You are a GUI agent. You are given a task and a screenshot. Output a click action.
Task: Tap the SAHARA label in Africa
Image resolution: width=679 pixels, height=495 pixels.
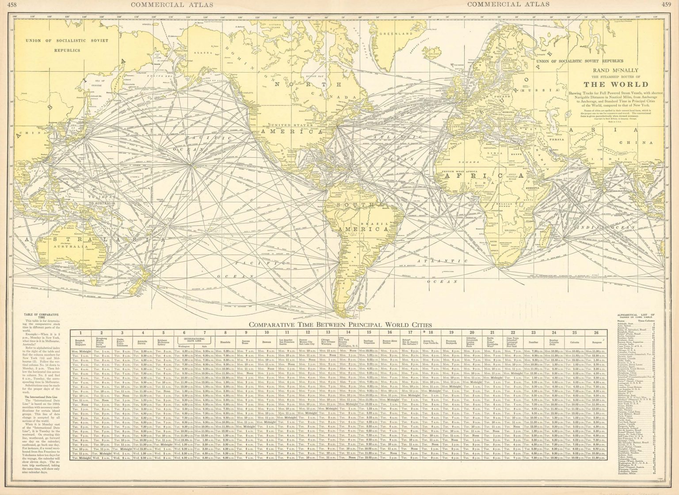[468, 162]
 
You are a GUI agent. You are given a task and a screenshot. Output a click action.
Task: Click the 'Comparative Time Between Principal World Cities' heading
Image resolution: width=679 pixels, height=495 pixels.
[340, 325]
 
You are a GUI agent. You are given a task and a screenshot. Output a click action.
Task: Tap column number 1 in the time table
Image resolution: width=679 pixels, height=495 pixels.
[80, 333]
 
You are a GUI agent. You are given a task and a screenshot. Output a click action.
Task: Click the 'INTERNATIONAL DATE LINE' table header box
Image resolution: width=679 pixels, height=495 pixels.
[194, 339]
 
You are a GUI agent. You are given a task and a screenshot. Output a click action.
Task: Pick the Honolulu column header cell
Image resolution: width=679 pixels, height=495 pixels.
[225, 342]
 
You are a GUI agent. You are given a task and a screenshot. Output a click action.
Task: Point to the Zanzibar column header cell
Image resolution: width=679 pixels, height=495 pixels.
[534, 342]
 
